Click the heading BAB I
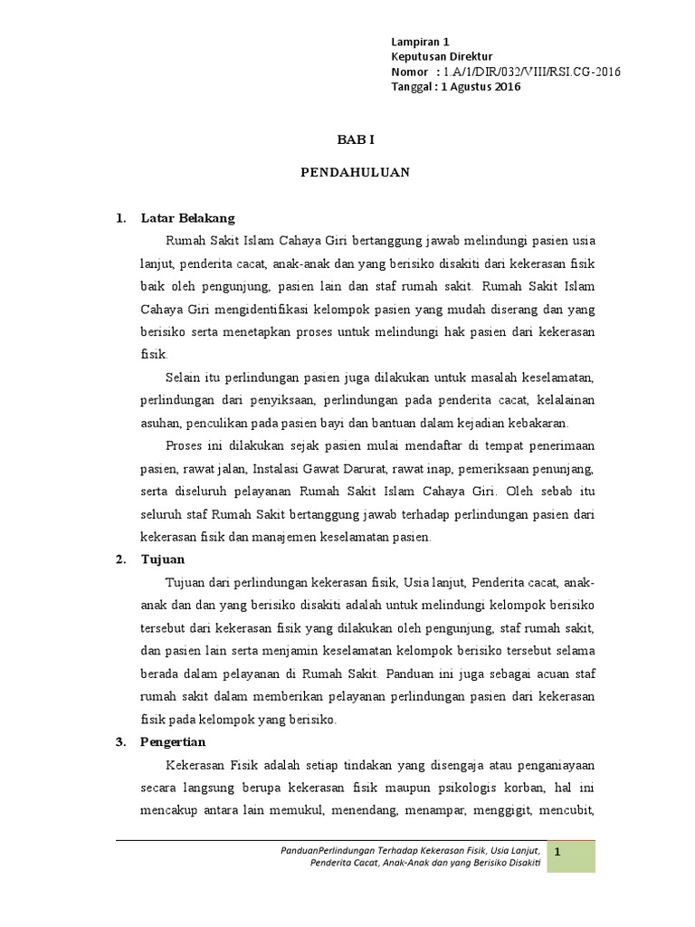[x=355, y=139]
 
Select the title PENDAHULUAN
[x=355, y=173]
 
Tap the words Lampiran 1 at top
[x=419, y=42]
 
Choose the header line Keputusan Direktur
[x=437, y=57]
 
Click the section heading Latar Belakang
[x=187, y=217]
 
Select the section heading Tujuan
[x=163, y=559]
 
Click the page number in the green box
[x=558, y=853]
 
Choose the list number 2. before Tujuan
[x=119, y=559]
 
